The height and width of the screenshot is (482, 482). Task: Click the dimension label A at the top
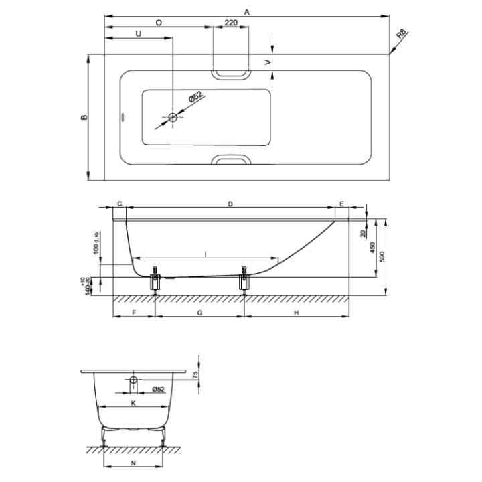coord(247,11)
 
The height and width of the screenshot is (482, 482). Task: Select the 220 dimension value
coord(230,23)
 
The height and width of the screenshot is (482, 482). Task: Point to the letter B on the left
coord(84,118)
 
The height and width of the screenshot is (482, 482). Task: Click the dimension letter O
coord(159,23)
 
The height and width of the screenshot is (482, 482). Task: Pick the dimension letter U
coord(139,33)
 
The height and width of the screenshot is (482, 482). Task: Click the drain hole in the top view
coord(173,118)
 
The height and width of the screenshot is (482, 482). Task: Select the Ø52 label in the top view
coord(195,98)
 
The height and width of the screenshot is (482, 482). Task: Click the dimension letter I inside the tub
coord(206,253)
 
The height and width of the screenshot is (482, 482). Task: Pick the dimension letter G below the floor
coord(200,313)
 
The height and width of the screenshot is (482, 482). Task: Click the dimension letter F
coord(133,313)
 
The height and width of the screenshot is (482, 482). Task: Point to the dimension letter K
coord(133,403)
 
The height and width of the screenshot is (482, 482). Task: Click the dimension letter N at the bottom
coord(133,462)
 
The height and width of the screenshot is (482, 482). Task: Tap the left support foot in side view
coord(156,280)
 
